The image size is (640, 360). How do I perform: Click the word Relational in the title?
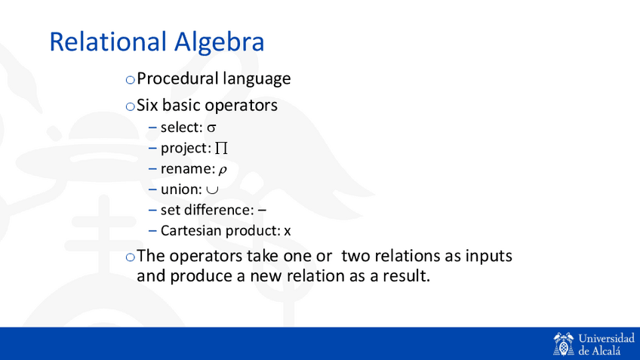point(108,42)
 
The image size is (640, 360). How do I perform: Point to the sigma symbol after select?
point(211,128)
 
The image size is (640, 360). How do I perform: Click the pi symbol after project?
point(221,148)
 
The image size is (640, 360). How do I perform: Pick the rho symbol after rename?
point(223,170)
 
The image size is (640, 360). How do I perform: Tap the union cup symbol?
point(212,189)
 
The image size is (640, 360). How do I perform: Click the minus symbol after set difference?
point(262,211)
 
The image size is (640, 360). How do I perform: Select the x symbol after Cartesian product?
point(288,232)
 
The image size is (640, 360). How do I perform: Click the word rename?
point(186,169)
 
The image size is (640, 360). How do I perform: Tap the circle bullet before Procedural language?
point(131,79)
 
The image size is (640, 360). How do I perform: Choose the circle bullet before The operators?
point(131,257)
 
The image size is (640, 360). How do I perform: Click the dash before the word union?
point(152,189)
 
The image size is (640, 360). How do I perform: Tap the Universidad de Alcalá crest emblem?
point(563,343)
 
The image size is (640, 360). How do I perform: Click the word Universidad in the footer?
point(607,338)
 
